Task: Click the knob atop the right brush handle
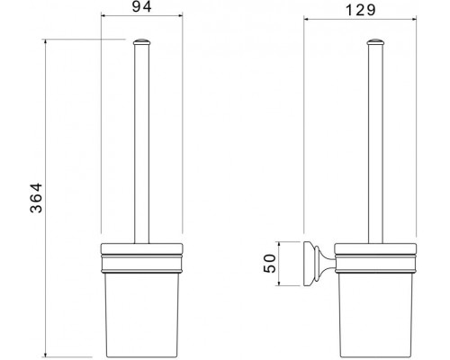coord(375,41)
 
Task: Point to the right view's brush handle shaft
coord(375,144)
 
